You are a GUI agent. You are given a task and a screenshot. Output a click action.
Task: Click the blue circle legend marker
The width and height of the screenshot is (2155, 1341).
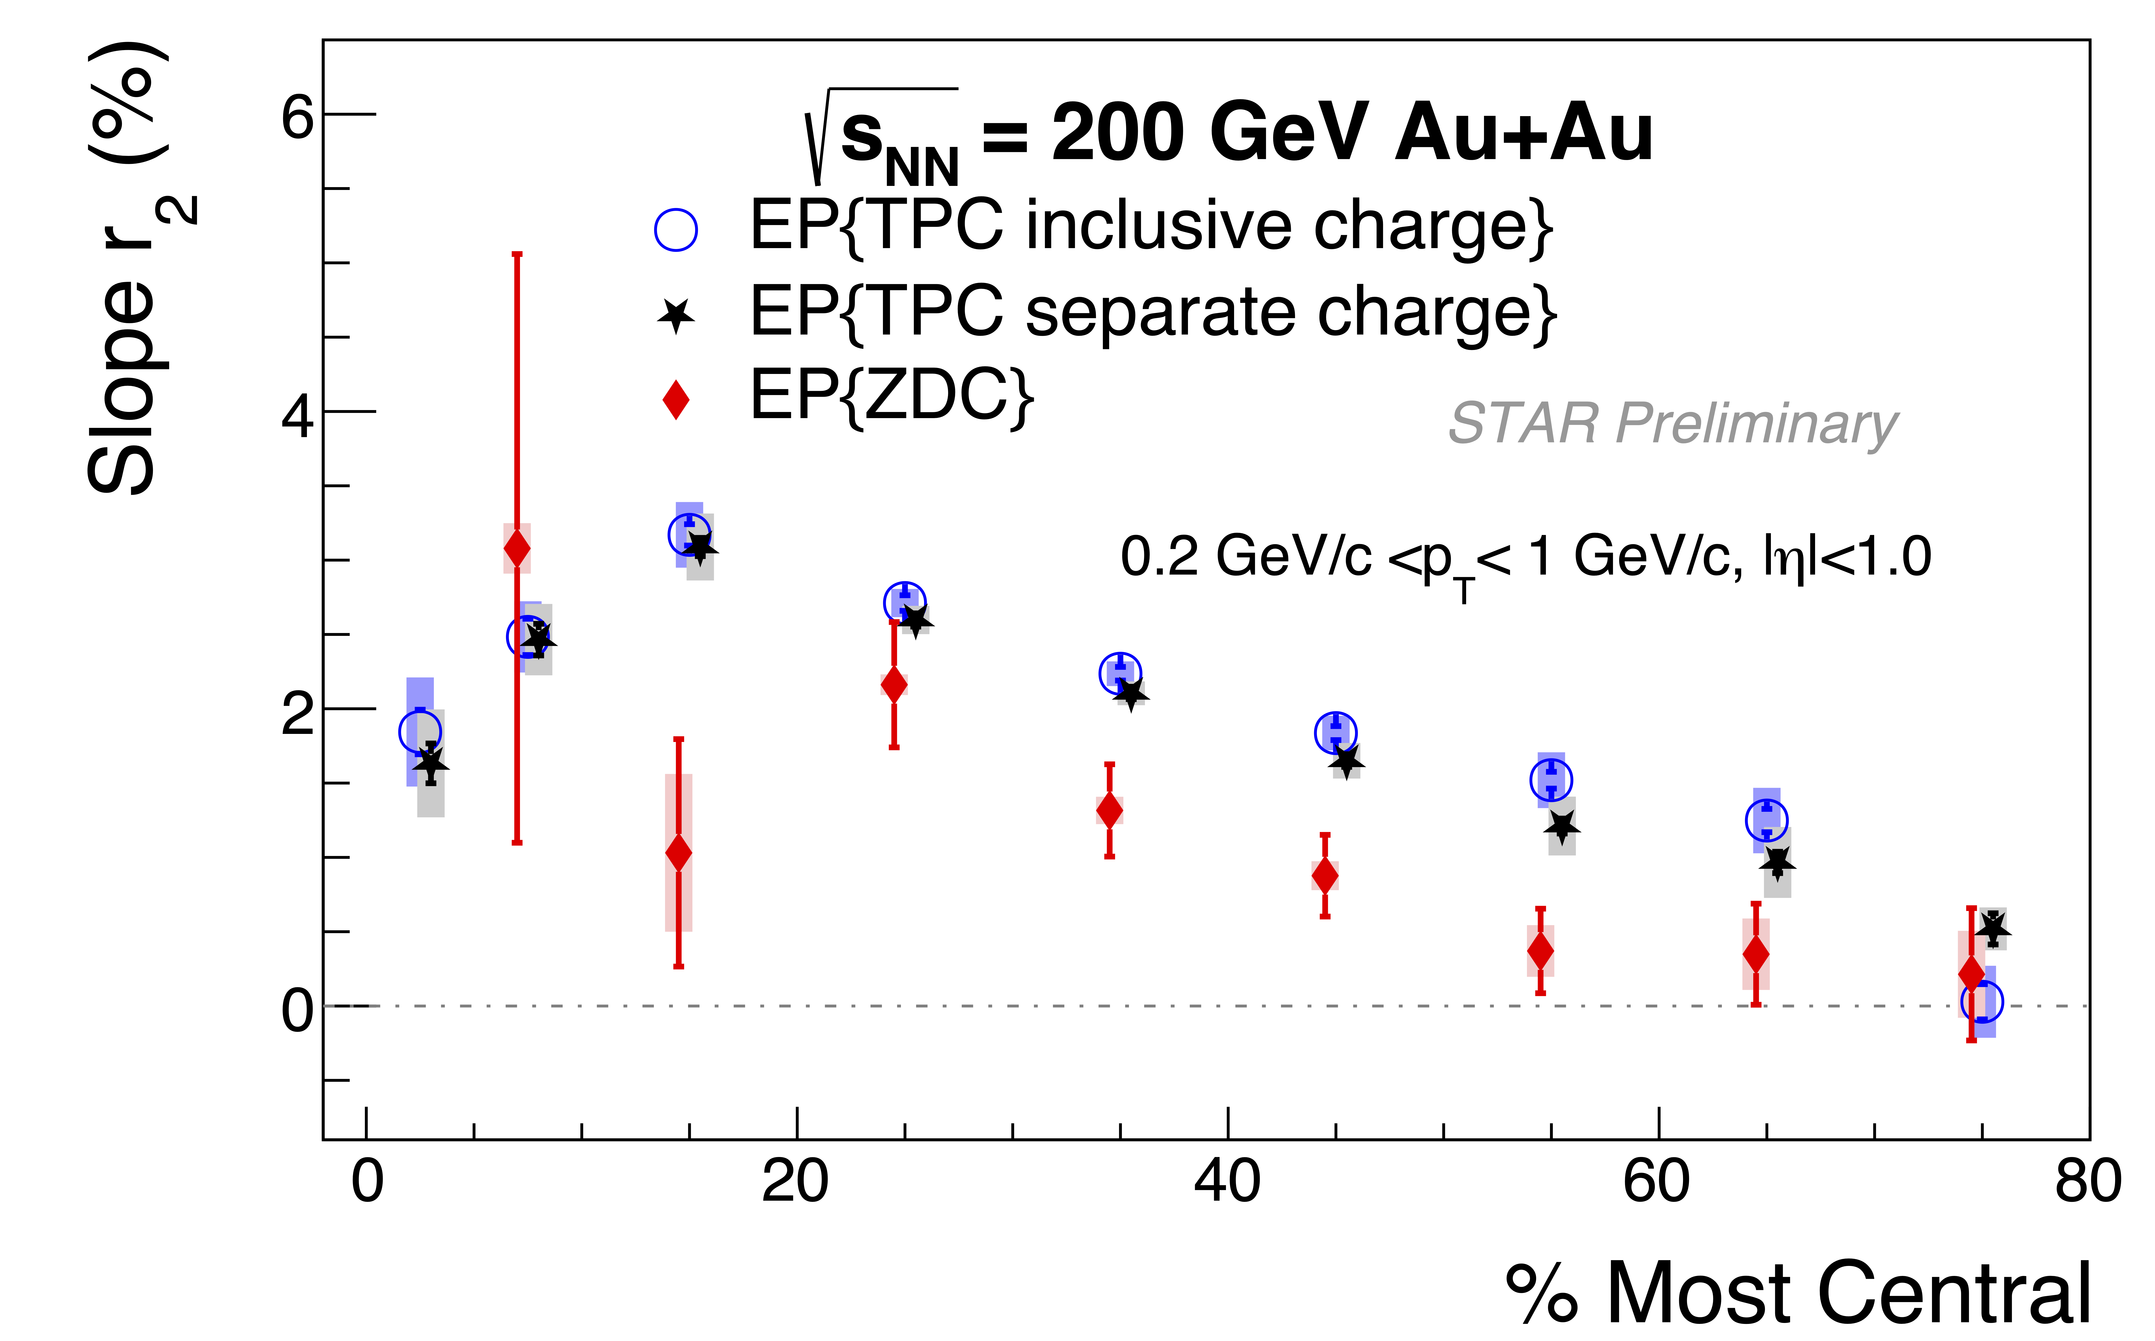[x=676, y=230]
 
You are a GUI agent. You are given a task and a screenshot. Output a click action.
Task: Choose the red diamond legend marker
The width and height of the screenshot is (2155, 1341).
[x=676, y=399]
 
